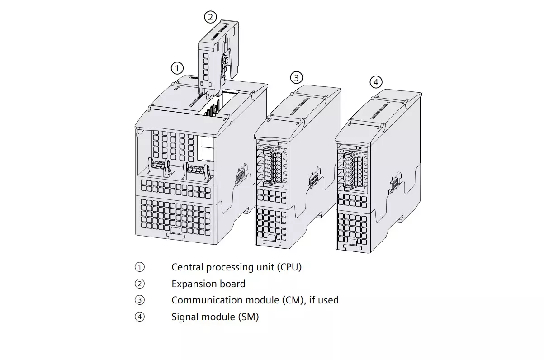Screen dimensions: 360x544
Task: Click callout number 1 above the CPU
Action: point(177,68)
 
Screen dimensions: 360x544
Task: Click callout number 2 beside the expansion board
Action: point(210,17)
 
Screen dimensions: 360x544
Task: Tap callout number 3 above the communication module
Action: point(296,77)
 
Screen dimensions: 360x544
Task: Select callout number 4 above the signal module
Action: point(376,82)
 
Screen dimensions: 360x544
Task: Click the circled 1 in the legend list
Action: point(140,267)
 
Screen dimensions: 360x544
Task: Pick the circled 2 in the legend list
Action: point(140,284)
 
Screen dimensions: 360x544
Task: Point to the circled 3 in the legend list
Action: point(140,300)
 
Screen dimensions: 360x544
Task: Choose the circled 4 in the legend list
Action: point(140,317)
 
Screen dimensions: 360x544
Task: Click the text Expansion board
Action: point(208,284)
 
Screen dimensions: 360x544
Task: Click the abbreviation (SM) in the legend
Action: point(248,317)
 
